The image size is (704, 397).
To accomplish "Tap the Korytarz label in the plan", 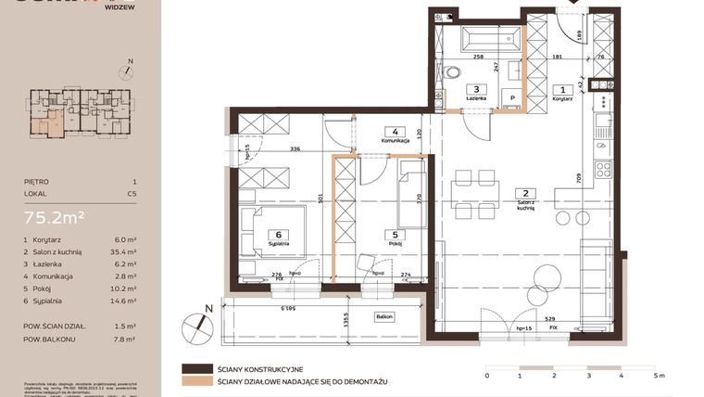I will tap(560, 97).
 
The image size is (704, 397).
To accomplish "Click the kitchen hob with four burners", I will tap(603, 170).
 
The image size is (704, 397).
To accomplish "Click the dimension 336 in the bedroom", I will tap(295, 147).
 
